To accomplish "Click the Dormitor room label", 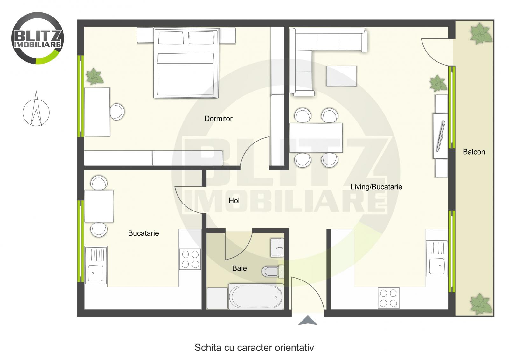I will tap(218, 119).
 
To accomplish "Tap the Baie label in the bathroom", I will tap(239, 268).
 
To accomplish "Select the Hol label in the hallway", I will tap(234, 201).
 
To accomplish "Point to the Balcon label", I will tap(474, 152).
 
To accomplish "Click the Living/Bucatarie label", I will tap(376, 187).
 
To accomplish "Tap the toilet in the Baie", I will tap(271, 272).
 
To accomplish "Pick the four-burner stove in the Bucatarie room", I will tap(190, 259).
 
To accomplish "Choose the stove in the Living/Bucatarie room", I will tap(388, 298).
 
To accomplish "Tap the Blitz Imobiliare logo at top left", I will tap(38, 38).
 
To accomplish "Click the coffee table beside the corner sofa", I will tap(341, 76).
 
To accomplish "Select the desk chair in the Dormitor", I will tap(117, 112).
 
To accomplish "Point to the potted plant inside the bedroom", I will tap(94, 76).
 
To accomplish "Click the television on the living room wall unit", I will tap(441, 135).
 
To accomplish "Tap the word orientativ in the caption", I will tap(296, 348).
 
